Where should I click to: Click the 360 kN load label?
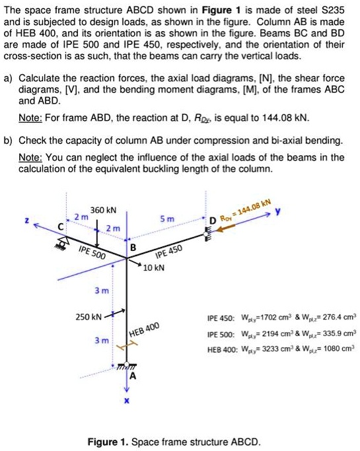point(103,210)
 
